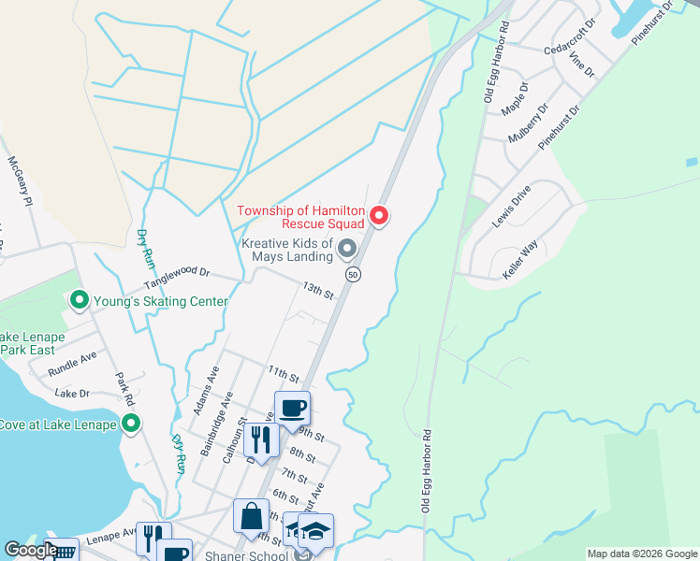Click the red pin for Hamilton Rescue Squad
coord(379,216)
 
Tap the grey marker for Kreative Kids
coord(347,249)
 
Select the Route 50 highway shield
coord(352,275)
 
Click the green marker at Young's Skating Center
coord(80,301)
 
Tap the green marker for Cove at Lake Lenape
coord(131,424)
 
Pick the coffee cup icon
coord(292,409)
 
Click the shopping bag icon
coord(251,516)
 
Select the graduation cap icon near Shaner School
coord(315,531)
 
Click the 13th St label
coord(317,291)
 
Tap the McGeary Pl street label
coord(20,181)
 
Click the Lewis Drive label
coord(511,207)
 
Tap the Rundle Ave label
coord(72,358)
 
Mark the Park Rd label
coord(121,390)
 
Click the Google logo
coord(31,550)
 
